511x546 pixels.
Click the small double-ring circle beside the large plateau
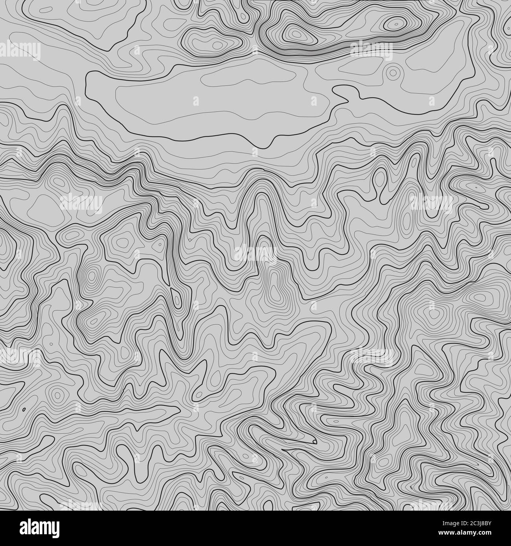click(393, 72)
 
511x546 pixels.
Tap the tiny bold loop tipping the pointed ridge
click(314, 441)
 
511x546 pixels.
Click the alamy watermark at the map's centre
click(256, 253)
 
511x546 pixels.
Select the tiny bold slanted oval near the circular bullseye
click(24, 410)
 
